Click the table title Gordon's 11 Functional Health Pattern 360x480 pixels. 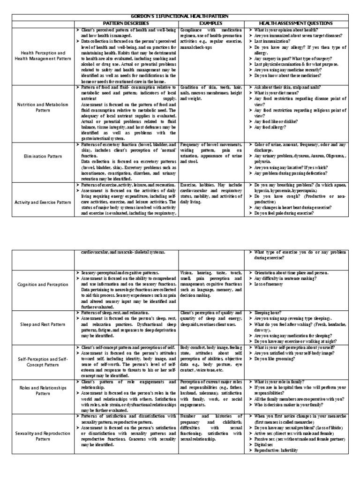180,16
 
